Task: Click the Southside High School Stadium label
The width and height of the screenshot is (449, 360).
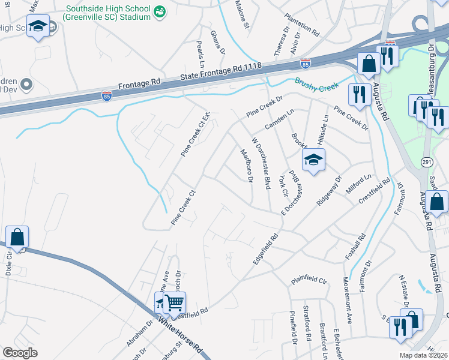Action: pos(108,13)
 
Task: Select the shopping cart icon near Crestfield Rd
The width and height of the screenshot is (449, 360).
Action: pos(173,302)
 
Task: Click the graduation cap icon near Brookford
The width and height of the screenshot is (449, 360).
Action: pos(313,161)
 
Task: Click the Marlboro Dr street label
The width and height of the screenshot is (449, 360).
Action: pos(246,165)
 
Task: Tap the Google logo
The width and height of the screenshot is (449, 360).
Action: pos(20,352)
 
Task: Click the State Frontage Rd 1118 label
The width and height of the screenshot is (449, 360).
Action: pos(223,75)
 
